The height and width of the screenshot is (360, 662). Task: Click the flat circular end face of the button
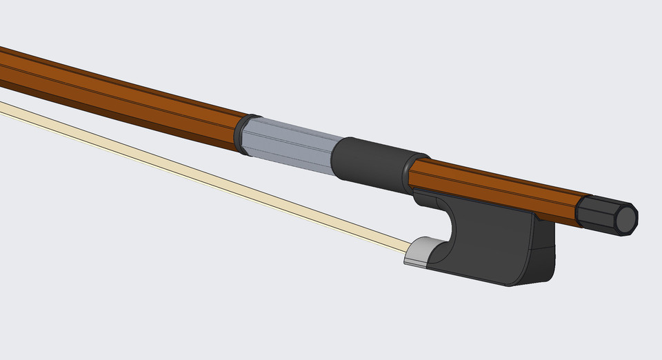[627, 220]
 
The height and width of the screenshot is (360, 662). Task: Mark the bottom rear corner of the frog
[514, 283]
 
